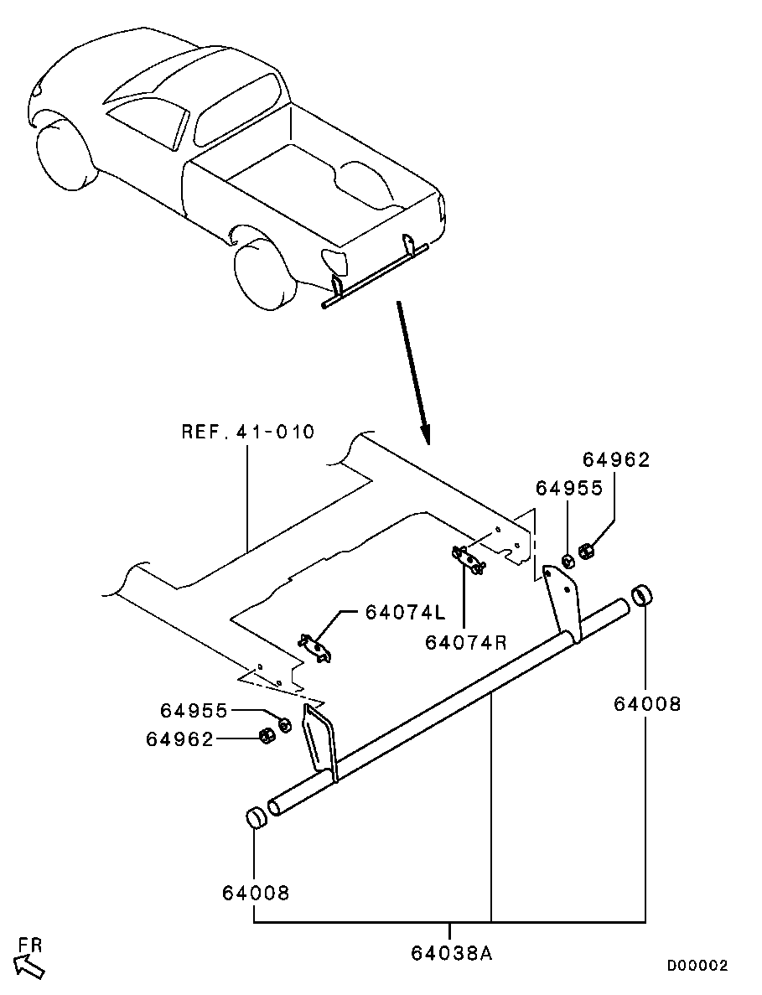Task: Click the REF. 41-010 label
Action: point(248,433)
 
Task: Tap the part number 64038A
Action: point(452,952)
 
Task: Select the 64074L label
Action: point(406,613)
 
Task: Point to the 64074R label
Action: point(466,643)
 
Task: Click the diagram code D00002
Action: point(697,966)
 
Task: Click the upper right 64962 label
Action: point(617,460)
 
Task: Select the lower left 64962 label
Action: point(180,739)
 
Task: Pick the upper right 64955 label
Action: point(569,488)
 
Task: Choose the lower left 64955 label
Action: point(194,711)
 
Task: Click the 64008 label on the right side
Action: point(647,704)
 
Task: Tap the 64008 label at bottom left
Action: point(256,893)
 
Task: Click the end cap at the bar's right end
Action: point(643,597)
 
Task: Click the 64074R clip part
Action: point(469,560)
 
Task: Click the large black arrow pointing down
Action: point(413,373)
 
